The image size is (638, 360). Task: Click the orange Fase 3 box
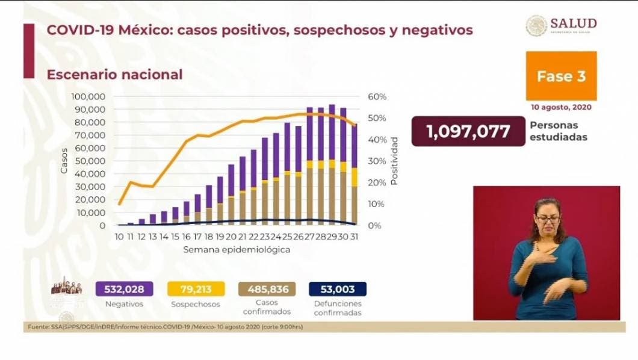coord(561,76)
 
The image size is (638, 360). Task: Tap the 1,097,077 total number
coord(468,131)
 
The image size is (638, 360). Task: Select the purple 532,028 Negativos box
coord(124,289)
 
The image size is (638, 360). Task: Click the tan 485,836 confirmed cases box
coord(264,289)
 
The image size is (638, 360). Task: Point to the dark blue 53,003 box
coord(337,289)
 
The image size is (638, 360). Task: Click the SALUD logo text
coord(573,23)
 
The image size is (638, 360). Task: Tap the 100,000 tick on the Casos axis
coord(88,97)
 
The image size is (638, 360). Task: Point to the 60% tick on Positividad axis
coord(376,97)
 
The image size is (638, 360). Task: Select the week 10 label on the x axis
coord(119,237)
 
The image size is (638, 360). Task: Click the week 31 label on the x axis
coord(355,237)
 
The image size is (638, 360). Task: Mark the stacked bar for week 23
coord(264,181)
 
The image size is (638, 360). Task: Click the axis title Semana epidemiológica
coord(237,249)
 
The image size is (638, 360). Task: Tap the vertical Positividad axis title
coord(395,160)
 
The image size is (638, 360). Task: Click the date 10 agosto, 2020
coord(561,107)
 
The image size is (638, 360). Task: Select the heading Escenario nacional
coord(114,75)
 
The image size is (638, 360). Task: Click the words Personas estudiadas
coord(558,131)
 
